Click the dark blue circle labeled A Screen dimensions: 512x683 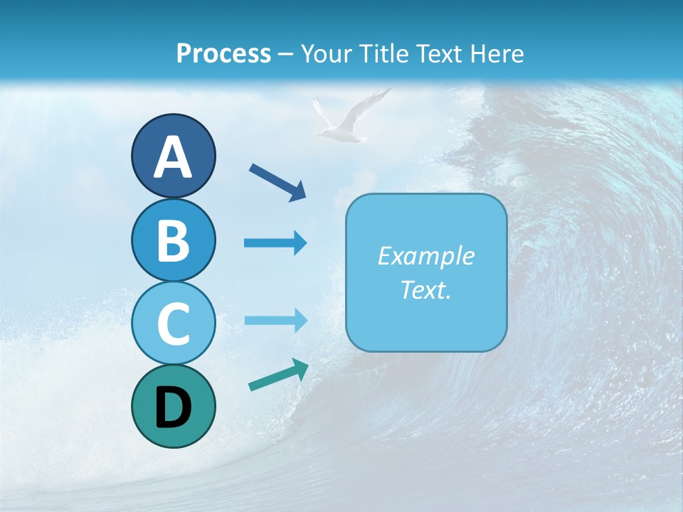(173, 155)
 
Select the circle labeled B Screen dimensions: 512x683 (173, 240)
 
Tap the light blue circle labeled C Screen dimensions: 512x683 (173, 323)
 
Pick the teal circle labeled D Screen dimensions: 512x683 (173, 406)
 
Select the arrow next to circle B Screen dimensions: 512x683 (275, 243)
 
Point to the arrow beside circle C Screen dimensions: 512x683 (275, 321)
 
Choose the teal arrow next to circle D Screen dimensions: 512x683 (278, 375)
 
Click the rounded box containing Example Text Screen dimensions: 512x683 (426, 272)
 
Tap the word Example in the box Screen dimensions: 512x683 (426, 256)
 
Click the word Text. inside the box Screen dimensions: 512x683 (426, 289)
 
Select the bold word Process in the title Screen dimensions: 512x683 (223, 53)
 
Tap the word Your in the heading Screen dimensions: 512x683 (324, 53)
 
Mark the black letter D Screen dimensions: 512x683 (173, 407)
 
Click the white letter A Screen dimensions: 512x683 (173, 156)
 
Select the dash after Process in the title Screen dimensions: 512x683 (285, 54)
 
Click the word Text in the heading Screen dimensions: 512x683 (437, 53)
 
